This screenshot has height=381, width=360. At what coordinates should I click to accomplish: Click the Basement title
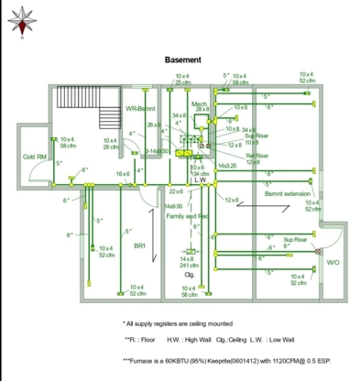(183, 60)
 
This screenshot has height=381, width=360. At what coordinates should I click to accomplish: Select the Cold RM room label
(36, 157)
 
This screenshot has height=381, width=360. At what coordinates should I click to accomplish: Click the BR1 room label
(139, 245)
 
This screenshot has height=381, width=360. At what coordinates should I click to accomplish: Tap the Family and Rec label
(188, 216)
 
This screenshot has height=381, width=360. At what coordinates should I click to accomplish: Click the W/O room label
(333, 263)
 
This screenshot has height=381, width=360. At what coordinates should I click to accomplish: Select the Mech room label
(199, 103)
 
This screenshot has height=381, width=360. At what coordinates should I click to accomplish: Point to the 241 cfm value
(189, 266)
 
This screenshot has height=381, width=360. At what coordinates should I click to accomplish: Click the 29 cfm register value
(111, 147)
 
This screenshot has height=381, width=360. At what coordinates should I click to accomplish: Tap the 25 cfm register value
(183, 82)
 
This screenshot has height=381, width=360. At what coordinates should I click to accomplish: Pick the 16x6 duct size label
(122, 174)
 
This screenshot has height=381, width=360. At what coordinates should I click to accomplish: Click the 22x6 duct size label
(175, 191)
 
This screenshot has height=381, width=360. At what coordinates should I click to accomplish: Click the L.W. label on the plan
(200, 180)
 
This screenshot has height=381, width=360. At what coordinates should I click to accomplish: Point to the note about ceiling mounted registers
(179, 323)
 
